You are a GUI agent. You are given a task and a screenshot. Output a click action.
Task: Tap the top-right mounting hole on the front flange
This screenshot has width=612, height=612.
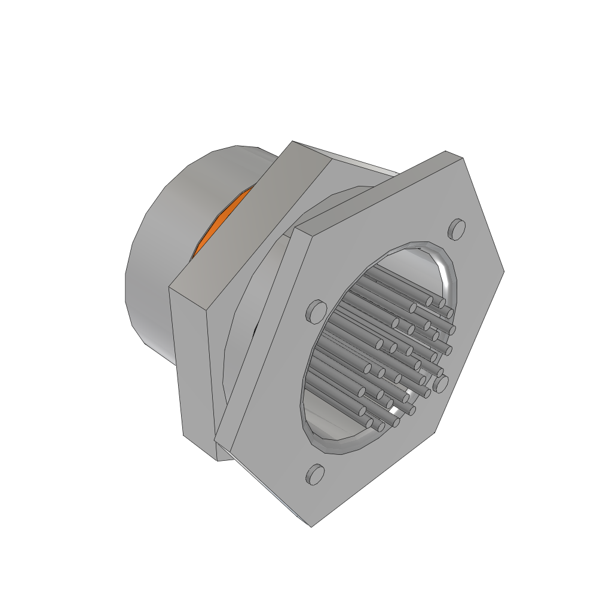point(457,229)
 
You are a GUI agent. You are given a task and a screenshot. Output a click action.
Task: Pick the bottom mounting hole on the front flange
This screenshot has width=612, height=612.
point(315,474)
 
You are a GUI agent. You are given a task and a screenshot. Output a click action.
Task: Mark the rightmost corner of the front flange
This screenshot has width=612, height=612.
point(504,271)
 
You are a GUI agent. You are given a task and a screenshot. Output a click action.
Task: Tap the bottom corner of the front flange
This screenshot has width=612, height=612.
point(311,526)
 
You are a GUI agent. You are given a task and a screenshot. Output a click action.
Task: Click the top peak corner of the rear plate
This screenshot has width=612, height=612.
point(292,142)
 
